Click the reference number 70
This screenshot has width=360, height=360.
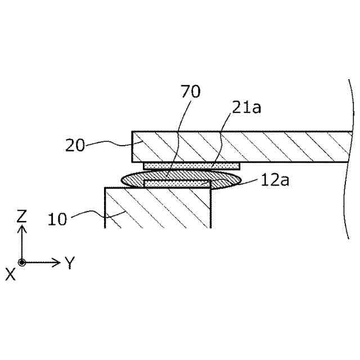coord(191,92)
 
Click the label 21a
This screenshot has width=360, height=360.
coord(246,107)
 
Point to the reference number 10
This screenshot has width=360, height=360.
coord(57,218)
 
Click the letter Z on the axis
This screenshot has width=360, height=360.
coord(22,215)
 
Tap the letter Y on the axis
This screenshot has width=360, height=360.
coord(70,262)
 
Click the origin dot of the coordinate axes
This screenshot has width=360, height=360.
coord(22,262)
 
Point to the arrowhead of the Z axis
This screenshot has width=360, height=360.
coord(22,228)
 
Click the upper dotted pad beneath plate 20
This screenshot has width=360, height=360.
coord(192,165)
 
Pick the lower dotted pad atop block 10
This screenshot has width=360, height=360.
coord(177,183)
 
